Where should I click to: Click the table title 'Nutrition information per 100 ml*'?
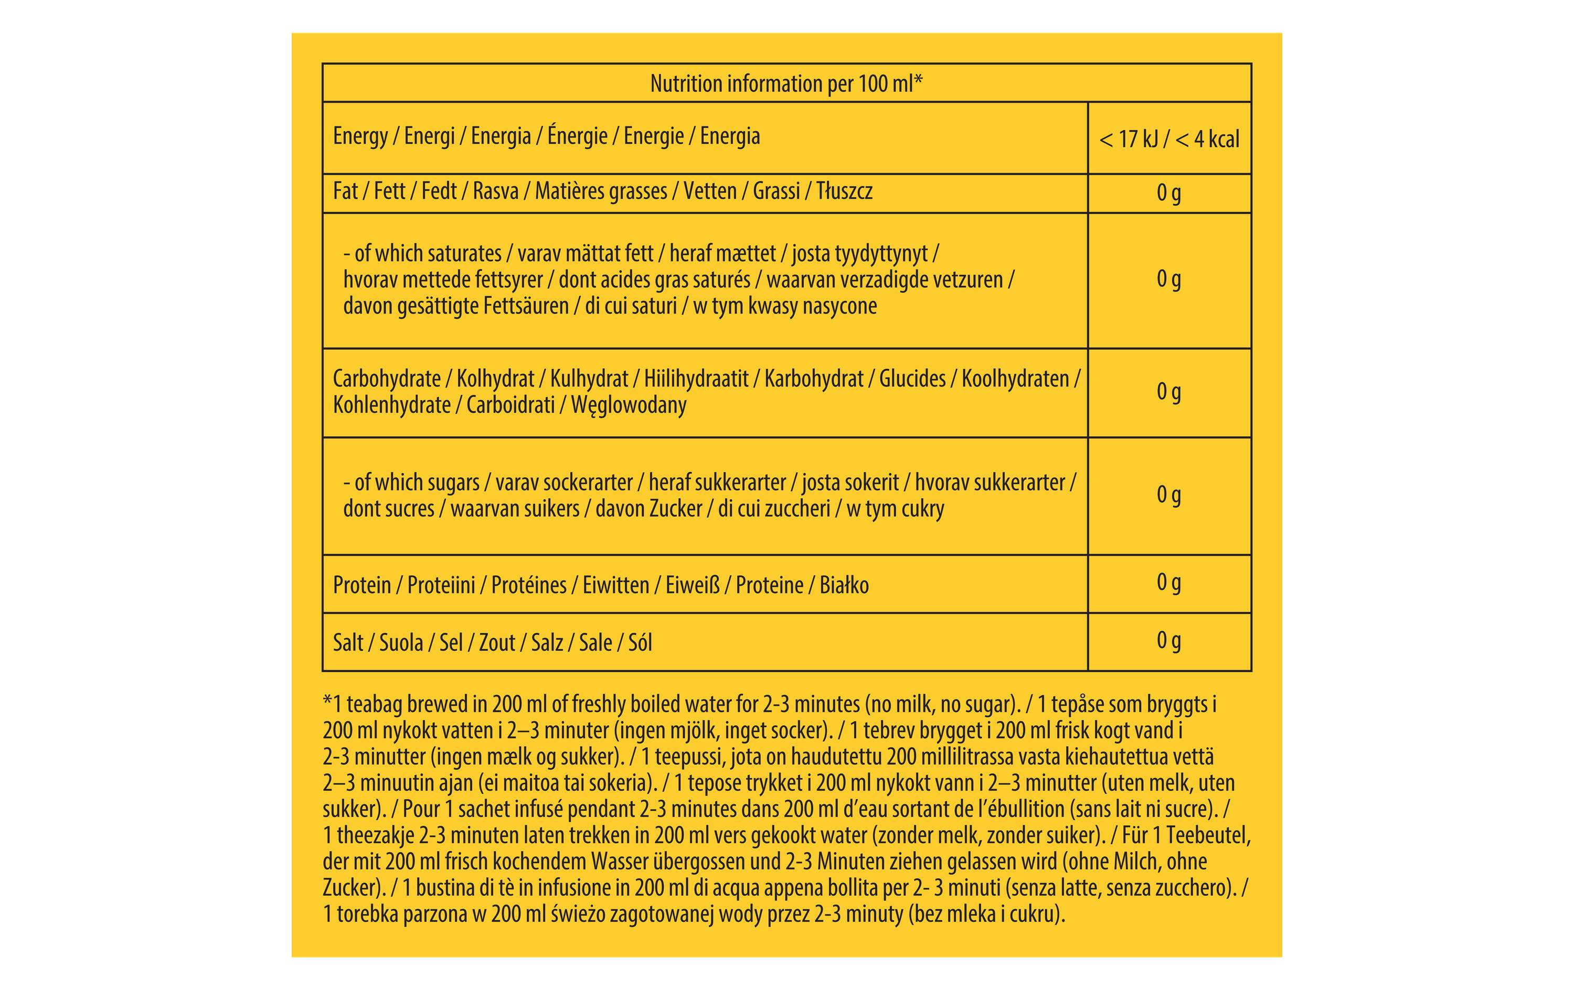click(786, 84)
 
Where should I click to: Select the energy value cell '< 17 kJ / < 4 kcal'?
click(1169, 139)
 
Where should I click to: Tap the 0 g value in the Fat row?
click(1169, 193)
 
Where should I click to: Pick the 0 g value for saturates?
click(1169, 279)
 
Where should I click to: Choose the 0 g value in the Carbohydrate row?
click(1169, 391)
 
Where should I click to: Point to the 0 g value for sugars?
click(1169, 494)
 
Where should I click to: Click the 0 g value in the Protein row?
click(1169, 582)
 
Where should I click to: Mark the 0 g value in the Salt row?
click(1169, 640)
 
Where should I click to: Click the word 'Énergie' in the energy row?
click(577, 136)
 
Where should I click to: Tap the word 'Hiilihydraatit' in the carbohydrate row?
click(696, 379)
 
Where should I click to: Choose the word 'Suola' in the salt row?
click(401, 643)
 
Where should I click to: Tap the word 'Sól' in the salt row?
click(640, 643)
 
